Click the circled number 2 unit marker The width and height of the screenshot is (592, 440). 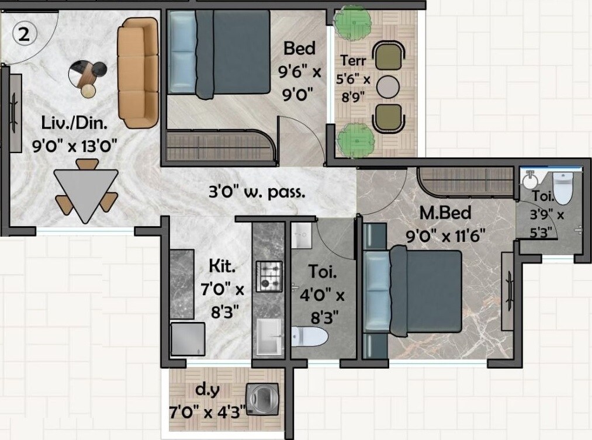click(24, 34)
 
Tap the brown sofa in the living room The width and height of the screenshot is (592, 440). click(138, 72)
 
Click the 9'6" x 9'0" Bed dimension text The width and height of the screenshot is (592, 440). click(299, 82)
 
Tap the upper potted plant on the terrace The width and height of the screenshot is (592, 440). click(352, 22)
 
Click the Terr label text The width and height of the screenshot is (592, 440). click(353, 60)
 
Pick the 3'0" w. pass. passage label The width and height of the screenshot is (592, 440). click(257, 192)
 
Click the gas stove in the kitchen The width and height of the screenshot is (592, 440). click(269, 276)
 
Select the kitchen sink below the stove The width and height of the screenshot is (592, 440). click(269, 337)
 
